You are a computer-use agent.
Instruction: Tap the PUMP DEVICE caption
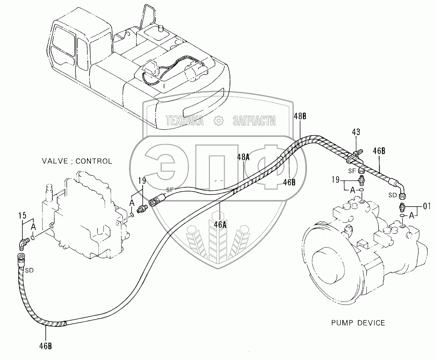click(x=358, y=323)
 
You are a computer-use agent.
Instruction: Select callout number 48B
click(x=300, y=116)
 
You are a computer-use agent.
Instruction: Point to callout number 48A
click(x=244, y=157)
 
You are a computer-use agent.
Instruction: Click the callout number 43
click(x=356, y=132)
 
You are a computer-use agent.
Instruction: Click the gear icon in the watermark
click(x=218, y=121)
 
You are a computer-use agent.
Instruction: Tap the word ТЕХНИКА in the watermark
click(x=185, y=121)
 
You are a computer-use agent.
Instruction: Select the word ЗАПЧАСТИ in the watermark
click(x=254, y=121)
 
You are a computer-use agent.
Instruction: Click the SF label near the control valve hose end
click(x=171, y=190)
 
